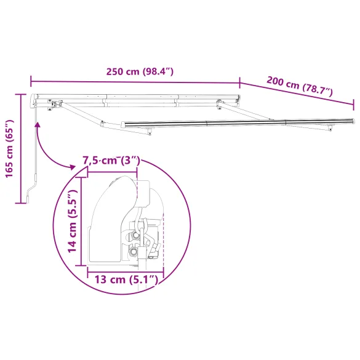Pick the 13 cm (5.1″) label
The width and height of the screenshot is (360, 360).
pyautogui.click(x=126, y=280)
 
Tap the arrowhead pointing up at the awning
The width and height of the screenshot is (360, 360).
pyautogui.click(x=38, y=125)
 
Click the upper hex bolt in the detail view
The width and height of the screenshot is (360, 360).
pyautogui.click(x=134, y=234)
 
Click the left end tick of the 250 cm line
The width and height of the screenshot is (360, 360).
pyautogui.click(x=31, y=79)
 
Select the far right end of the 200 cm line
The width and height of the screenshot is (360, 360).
pyautogui.click(x=354, y=104)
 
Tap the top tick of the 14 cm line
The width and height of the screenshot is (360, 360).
pyautogui.click(x=81, y=174)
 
